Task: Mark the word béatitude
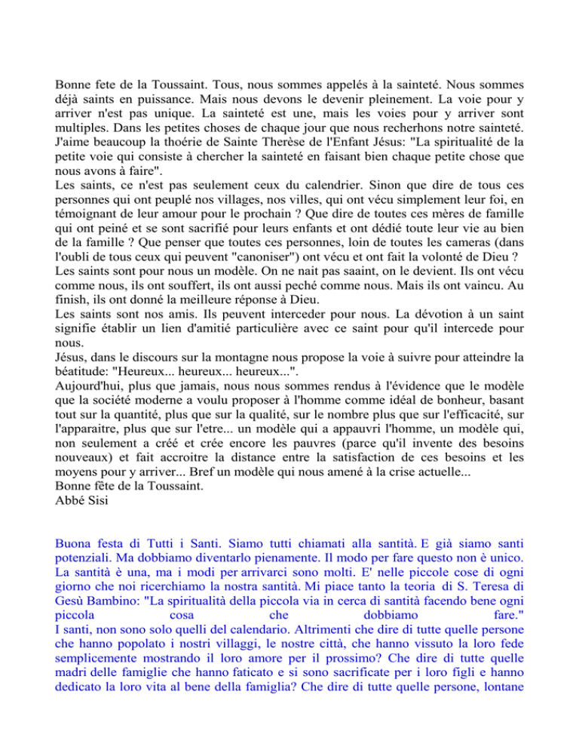(90, 366)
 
